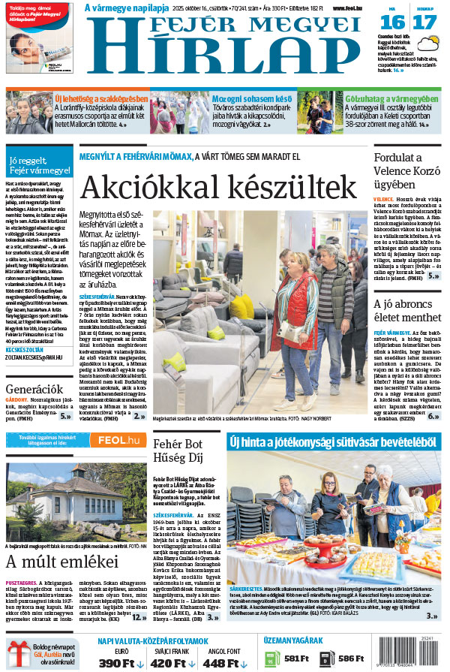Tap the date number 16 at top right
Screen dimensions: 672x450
pos(397,23)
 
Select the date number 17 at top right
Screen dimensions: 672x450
pos(424,23)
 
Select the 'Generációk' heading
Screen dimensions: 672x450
pos(33,389)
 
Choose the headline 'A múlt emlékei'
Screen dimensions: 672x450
pos(51,561)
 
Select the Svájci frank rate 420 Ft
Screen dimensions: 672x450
pos(172,663)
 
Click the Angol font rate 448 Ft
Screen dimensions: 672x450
pos(224,663)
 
